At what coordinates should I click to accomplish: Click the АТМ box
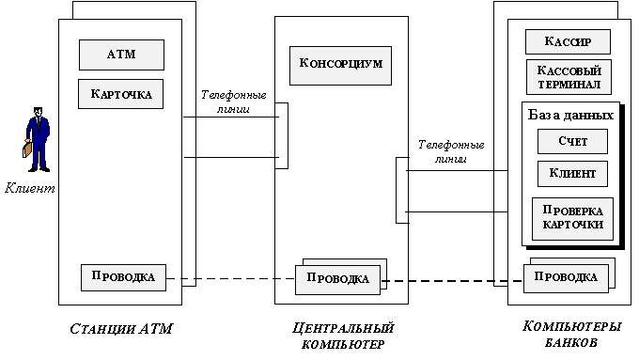click(121, 55)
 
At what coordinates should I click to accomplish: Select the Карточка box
click(120, 94)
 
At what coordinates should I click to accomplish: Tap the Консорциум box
click(341, 65)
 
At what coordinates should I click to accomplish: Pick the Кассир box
click(568, 41)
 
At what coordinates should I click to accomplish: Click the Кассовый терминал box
click(569, 77)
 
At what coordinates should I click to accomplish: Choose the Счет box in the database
click(572, 142)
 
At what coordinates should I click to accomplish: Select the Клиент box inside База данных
click(572, 174)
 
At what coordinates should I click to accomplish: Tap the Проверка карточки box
click(572, 219)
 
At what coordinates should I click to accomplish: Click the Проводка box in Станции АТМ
click(123, 277)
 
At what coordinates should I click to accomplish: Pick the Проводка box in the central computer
click(338, 279)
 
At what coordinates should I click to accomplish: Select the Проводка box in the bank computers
click(566, 278)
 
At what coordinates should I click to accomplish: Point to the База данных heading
click(570, 115)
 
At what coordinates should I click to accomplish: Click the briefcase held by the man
click(27, 149)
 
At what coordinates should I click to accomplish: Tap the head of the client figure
click(38, 112)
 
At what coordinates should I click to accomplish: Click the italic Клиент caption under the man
click(30, 188)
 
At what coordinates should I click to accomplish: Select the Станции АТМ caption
click(121, 329)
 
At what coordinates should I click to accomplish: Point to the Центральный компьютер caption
click(343, 336)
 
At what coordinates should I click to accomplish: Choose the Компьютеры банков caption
click(571, 334)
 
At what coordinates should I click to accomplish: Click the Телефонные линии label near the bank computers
click(451, 151)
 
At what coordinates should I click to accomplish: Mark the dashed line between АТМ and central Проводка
click(230, 279)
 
